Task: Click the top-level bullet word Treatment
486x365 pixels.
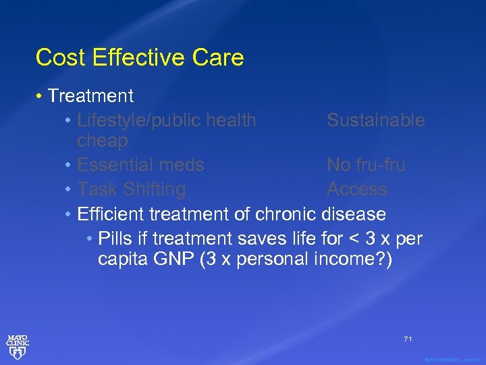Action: click(90, 97)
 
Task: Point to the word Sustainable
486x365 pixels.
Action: click(376, 120)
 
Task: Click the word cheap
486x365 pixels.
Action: click(103, 141)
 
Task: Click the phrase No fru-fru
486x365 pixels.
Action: click(366, 165)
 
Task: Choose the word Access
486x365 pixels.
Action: click(356, 189)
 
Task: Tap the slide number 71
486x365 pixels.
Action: click(408, 339)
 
